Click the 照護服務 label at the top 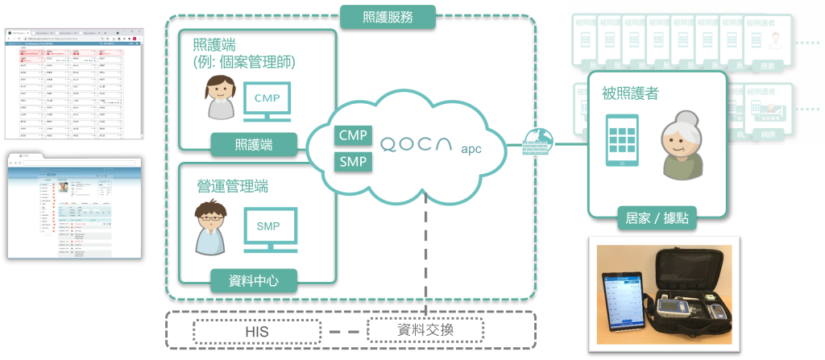tap(388, 14)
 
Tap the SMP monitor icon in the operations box tap(269, 227)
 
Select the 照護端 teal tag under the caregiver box tap(253, 144)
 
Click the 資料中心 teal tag tap(253, 281)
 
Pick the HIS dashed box tap(253, 331)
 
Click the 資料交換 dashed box tap(425, 331)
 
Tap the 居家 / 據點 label tap(657, 217)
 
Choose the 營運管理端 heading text tap(233, 186)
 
